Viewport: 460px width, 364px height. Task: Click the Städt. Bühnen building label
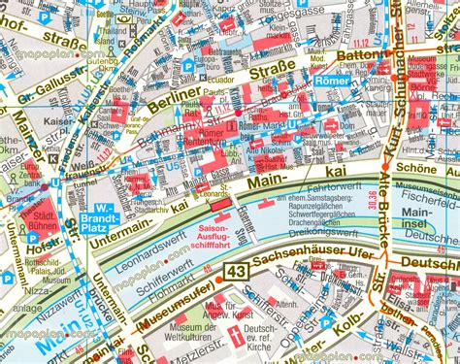39,219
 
